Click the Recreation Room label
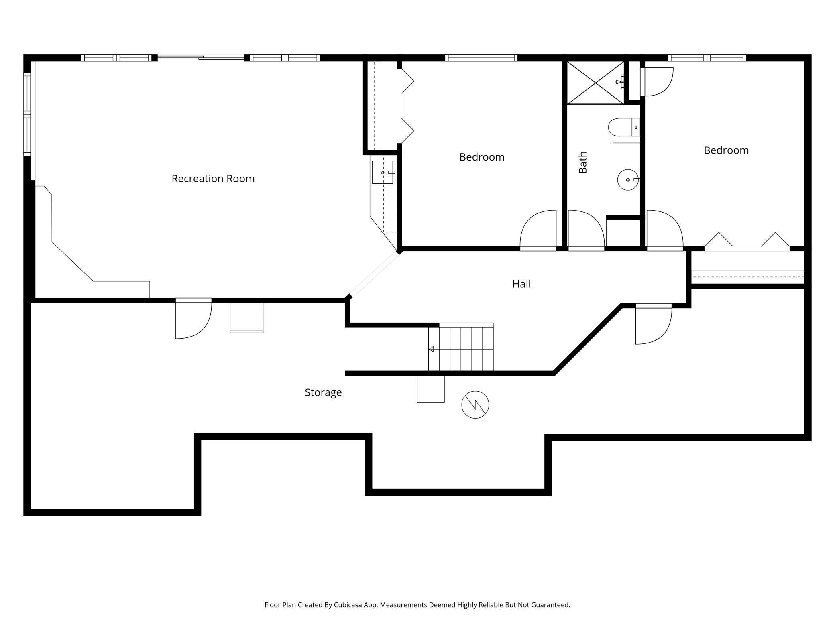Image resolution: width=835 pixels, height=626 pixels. tap(213, 179)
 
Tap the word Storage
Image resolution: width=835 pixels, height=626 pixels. tap(323, 392)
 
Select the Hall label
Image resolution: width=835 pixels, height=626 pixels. tap(521, 284)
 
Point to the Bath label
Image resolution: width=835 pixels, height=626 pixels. tap(582, 162)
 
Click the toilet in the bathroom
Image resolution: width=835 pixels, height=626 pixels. tap(624, 127)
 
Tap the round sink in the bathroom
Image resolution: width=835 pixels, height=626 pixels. tap(628, 180)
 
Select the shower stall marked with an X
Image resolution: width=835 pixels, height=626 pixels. tap(595, 83)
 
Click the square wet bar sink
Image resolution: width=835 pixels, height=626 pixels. tap(383, 172)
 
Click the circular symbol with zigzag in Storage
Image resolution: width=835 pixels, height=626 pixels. tap(475, 404)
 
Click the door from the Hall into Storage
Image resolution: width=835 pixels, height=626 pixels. tap(654, 324)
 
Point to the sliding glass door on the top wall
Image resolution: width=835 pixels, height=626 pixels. tap(201, 58)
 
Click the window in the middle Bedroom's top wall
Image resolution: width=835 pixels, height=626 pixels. tap(481, 58)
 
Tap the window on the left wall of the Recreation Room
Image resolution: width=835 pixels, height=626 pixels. tap(27, 114)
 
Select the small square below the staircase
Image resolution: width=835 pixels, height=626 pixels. tap(431, 389)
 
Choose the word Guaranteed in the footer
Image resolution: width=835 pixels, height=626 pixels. tap(550, 605)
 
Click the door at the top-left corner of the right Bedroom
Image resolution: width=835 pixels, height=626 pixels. tap(657, 82)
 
